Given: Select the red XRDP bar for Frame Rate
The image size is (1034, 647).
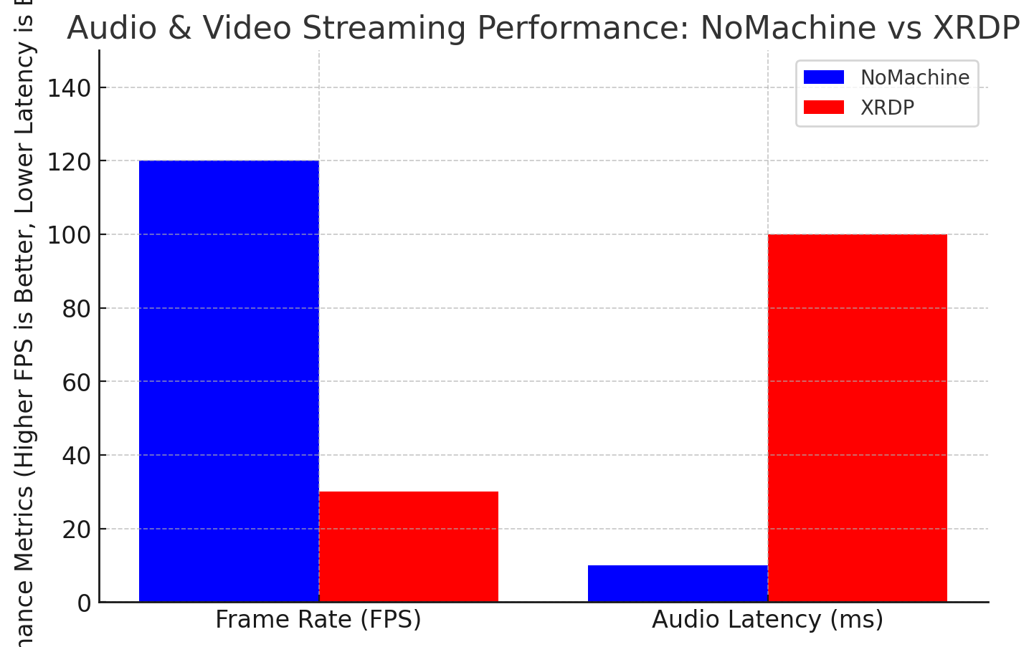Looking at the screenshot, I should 409,547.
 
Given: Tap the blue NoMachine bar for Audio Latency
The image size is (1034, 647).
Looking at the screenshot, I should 678,584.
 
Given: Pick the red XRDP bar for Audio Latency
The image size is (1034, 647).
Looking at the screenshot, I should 858,418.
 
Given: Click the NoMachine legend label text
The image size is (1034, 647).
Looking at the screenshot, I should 915,77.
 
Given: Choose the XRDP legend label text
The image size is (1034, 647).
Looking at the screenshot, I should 888,107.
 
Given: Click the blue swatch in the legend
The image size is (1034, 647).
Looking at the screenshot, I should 824,77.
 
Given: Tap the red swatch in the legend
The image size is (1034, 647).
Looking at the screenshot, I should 824,107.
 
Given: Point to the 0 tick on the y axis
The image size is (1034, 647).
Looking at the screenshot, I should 84,603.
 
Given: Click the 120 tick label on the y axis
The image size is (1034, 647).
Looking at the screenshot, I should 69,162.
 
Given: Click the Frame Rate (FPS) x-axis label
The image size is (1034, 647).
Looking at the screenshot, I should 318,620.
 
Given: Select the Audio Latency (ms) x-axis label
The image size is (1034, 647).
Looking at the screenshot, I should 767,620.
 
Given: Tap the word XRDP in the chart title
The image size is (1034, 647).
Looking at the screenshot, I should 976,29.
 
